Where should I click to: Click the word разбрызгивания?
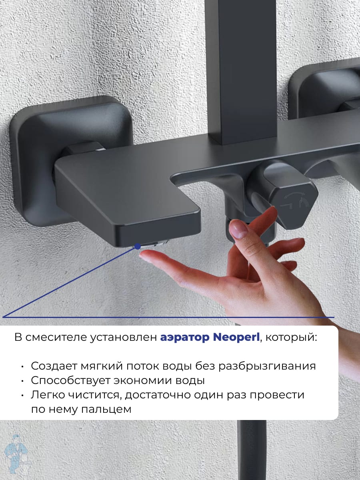(x=267, y=366)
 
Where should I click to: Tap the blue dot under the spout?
(x=138, y=246)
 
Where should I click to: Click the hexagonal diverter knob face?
(x=294, y=205)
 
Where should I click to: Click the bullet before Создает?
(x=23, y=367)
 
